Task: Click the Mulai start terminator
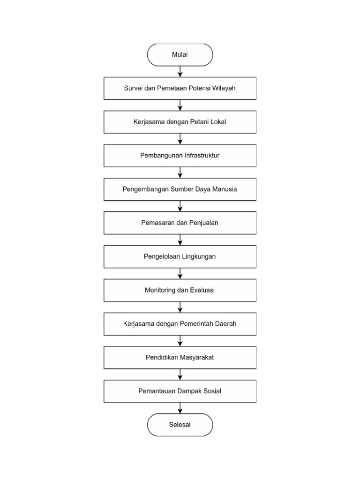click(x=180, y=55)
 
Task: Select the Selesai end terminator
click(x=180, y=425)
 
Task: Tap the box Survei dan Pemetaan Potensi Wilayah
click(x=180, y=89)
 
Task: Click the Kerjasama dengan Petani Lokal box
click(x=180, y=122)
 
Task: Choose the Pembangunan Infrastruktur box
click(x=180, y=156)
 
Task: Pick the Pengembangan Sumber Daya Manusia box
click(x=180, y=189)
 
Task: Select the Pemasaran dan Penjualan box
click(x=180, y=223)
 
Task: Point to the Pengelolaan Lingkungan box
click(x=180, y=257)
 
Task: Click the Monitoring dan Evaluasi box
click(x=180, y=290)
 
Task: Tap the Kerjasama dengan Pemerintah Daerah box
click(x=180, y=324)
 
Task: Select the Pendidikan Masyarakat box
click(x=180, y=358)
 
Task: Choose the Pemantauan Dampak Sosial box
click(x=180, y=391)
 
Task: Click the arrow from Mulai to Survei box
click(x=180, y=72)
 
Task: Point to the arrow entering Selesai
click(x=180, y=408)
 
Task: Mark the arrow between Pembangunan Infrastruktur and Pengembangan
click(x=180, y=172)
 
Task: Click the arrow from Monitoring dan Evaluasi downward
click(x=180, y=307)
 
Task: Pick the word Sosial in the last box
click(x=212, y=391)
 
